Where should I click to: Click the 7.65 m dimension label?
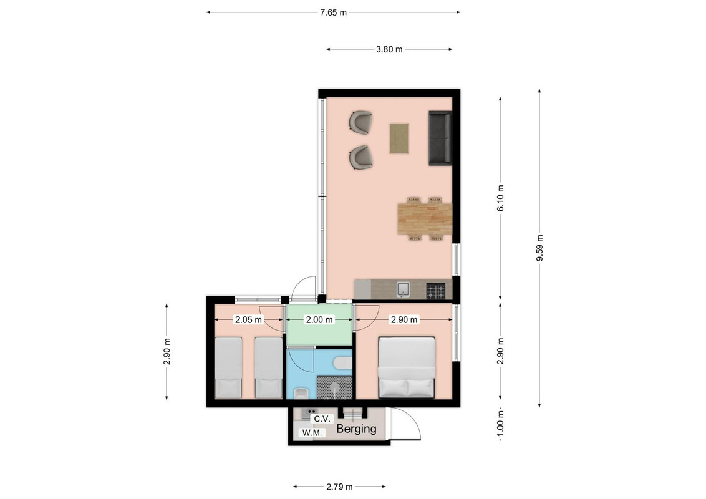coord(333,12)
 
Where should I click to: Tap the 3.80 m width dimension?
coord(389,49)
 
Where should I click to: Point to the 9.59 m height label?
coord(540,248)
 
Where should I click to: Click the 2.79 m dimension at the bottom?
coord(339,487)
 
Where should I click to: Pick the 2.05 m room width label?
coord(248,320)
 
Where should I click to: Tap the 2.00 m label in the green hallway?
coord(320,320)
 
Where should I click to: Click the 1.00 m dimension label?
coord(501,424)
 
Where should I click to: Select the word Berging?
coord(357,429)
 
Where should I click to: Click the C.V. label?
coord(322,419)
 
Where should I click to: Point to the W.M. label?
coord(312,433)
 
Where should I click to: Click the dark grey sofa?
coord(440,138)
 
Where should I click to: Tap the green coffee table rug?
coord(399,138)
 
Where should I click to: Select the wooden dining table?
coord(425,218)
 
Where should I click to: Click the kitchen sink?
coord(404,289)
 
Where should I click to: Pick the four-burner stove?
coord(436,291)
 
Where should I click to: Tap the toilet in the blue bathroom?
coord(343,362)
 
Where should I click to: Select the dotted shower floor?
coord(334,387)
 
